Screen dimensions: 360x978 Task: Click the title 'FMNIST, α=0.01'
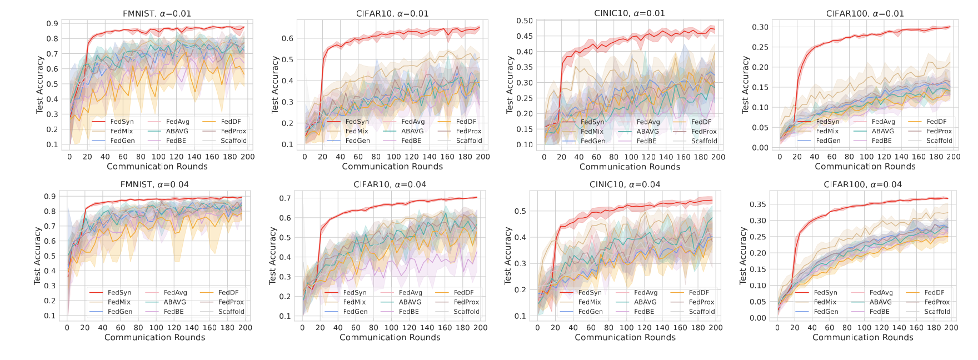click(x=157, y=13)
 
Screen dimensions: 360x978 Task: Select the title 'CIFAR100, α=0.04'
click(x=863, y=184)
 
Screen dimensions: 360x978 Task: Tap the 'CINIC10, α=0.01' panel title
click(x=630, y=13)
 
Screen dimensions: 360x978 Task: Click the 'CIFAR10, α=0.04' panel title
click(x=390, y=184)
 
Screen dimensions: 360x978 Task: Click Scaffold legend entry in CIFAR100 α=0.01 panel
click(x=939, y=141)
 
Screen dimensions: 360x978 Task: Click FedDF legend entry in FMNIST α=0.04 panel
click(x=228, y=292)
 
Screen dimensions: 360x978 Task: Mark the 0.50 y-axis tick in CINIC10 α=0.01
click(x=525, y=21)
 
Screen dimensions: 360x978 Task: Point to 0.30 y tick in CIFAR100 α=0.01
click(x=760, y=27)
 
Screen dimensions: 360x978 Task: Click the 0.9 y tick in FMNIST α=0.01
click(x=52, y=24)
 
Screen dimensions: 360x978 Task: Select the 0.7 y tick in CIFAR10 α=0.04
click(x=285, y=198)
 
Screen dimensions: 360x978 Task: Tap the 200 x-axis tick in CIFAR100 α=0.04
click(x=951, y=328)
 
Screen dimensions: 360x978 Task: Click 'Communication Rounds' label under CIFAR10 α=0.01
click(x=392, y=167)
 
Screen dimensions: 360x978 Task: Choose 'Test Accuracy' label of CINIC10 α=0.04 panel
click(x=507, y=256)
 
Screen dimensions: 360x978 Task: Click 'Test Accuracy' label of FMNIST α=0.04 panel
click(x=37, y=256)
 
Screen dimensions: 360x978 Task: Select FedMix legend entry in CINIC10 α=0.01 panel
click(x=592, y=132)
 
